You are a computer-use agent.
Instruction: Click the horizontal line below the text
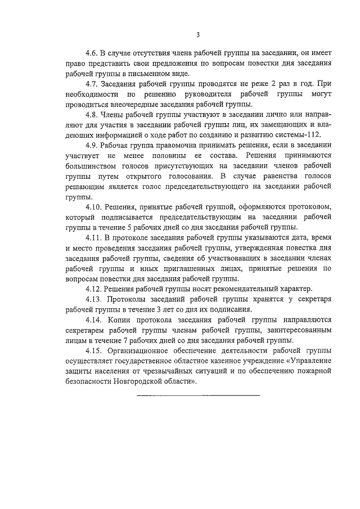point(199,395)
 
